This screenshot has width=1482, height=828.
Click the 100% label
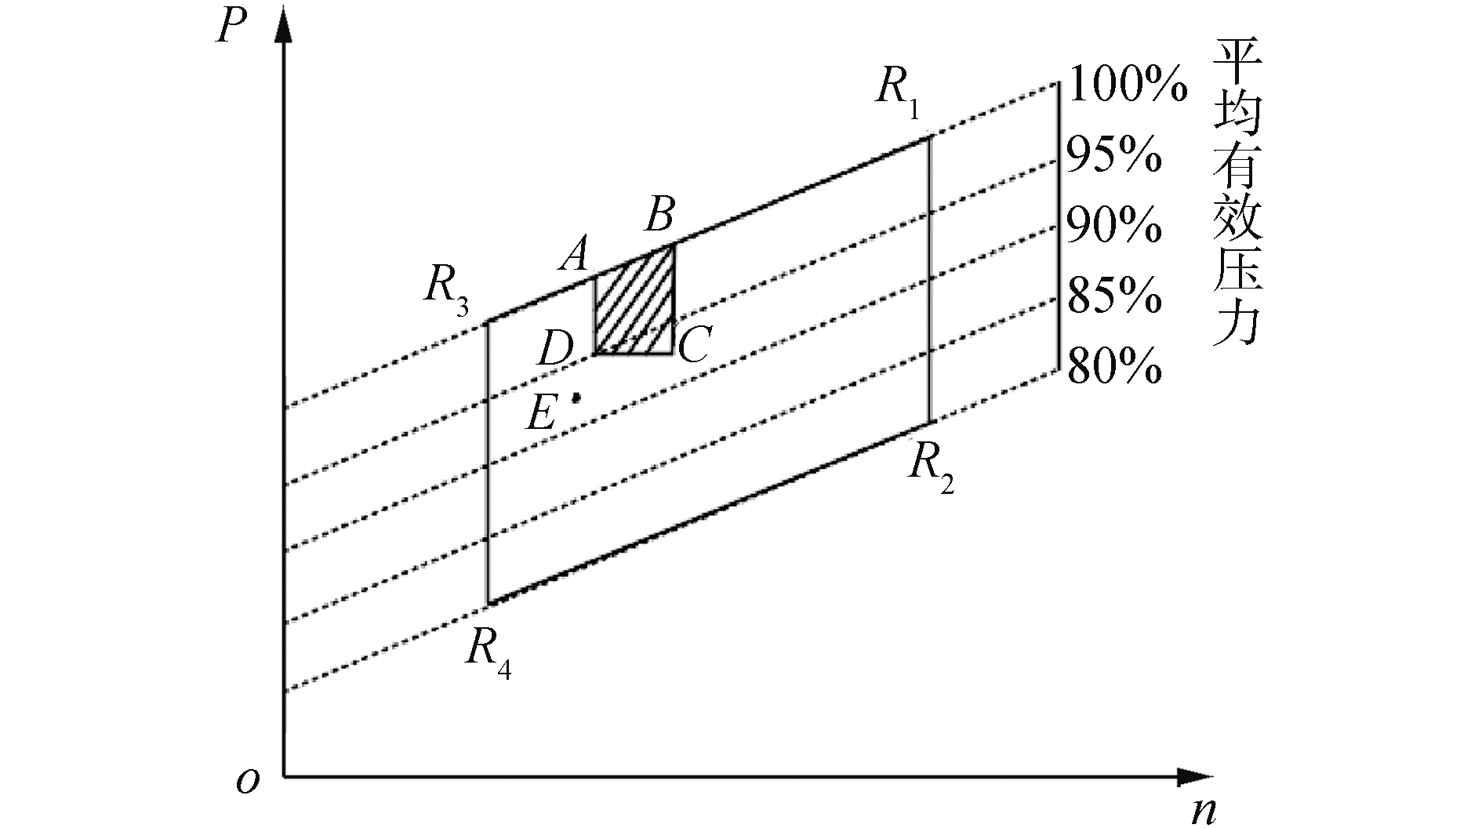point(1127,84)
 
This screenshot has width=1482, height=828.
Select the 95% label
point(1113,155)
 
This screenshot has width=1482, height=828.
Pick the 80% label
point(1113,367)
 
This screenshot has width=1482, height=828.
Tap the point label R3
point(446,289)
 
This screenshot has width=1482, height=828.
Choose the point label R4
point(488,652)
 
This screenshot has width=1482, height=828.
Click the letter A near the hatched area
point(575,256)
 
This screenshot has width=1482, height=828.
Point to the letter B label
point(659,215)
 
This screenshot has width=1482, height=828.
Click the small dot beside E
point(576,398)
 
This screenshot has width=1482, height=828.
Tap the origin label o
point(248,781)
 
